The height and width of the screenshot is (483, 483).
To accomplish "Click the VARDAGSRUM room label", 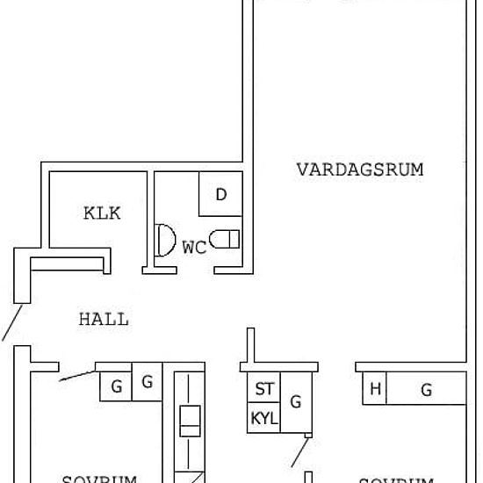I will click(x=359, y=169).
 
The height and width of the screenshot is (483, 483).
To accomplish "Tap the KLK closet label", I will click(x=102, y=213).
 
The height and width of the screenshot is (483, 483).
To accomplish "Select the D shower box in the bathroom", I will click(x=221, y=194).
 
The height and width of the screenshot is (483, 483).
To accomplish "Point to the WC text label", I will click(x=194, y=248).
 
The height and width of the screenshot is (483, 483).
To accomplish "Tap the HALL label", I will click(x=104, y=319).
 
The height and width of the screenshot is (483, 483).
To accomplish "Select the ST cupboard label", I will click(x=263, y=389).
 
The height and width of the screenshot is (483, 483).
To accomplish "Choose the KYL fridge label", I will click(x=263, y=418).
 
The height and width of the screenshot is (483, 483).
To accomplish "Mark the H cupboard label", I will click(x=375, y=390).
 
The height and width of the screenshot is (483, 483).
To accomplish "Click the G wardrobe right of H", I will click(x=427, y=390).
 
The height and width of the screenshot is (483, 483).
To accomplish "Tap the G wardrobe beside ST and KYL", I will click(x=296, y=402).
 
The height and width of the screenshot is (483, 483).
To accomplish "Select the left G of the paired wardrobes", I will click(x=115, y=384).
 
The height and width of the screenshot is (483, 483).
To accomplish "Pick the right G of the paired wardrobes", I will click(x=148, y=382).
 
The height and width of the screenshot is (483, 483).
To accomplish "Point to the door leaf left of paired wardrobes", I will click(x=78, y=375).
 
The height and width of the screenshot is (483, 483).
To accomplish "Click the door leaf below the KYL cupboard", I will click(x=300, y=452).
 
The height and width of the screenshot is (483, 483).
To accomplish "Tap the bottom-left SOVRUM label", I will click(x=99, y=479).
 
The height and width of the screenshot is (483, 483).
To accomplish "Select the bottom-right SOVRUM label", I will click(x=397, y=479).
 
